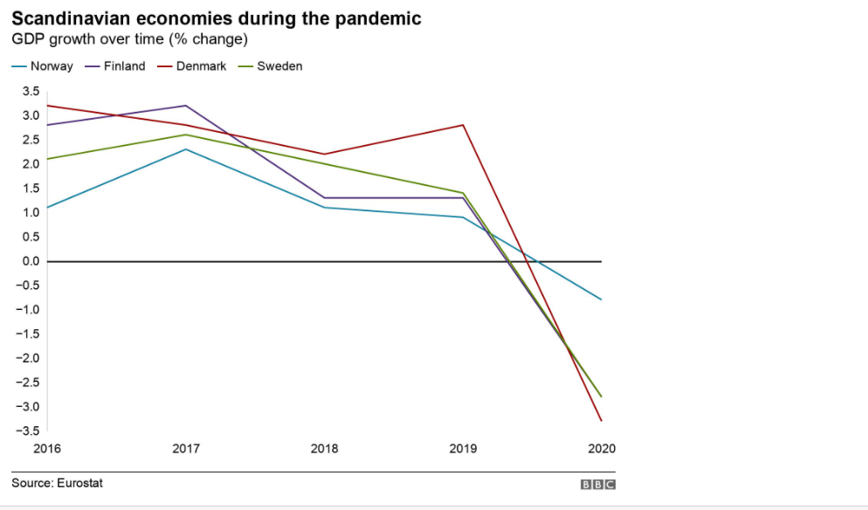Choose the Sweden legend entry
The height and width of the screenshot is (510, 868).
(279, 66)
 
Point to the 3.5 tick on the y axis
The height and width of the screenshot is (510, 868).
(30, 91)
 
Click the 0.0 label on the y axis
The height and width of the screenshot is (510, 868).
(30, 261)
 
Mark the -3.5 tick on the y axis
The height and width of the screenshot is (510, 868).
(28, 431)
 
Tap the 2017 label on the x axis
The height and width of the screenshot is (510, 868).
(186, 449)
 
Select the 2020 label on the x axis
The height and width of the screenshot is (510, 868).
(602, 449)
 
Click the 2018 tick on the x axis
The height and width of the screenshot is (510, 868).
(324, 449)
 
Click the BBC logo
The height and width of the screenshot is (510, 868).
(598, 484)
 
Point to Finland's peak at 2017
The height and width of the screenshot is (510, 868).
(186, 106)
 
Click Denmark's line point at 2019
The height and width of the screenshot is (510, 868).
(464, 125)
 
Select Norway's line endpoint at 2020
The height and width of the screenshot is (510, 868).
(602, 300)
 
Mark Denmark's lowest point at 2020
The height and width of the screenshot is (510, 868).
(602, 421)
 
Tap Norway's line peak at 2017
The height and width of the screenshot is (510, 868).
(186, 149)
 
